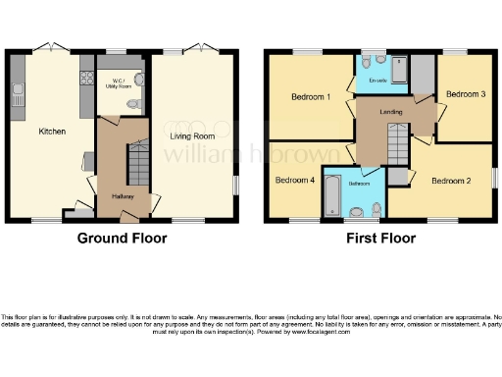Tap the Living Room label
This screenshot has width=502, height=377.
[x=190, y=137]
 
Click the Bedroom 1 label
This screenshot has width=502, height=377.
[x=310, y=97]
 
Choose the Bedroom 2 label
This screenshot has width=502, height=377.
[x=452, y=181]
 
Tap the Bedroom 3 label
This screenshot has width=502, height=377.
[x=466, y=94]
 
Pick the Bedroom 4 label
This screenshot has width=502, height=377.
[x=295, y=180]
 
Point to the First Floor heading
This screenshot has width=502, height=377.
[x=379, y=238]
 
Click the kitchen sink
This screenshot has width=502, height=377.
[x=17, y=96]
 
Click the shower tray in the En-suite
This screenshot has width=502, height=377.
[x=421, y=73]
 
